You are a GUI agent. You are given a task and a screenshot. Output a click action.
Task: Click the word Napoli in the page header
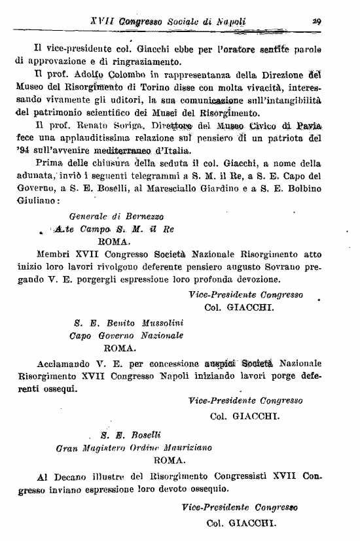tap(228, 21)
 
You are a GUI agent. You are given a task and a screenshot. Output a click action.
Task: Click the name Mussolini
tap(158, 323)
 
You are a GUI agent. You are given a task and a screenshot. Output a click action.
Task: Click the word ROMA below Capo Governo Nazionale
tap(120, 347)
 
